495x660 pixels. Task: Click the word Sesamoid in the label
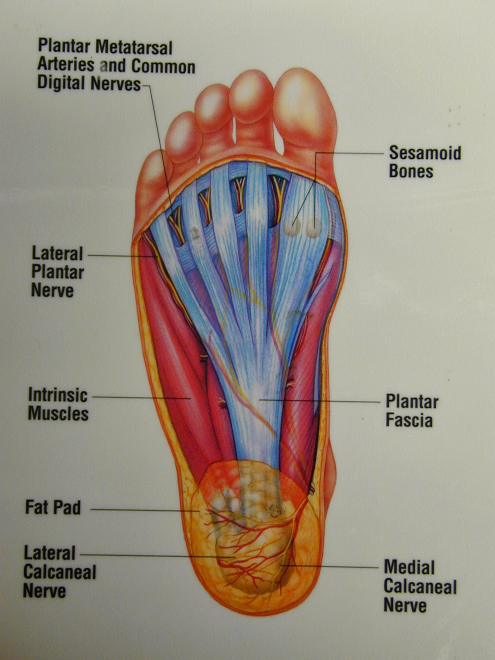425,153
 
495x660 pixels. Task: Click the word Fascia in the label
409,421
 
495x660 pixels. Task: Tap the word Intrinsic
58,395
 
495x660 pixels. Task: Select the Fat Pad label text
53,507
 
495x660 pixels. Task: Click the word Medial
409,568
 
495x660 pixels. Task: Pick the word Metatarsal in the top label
134,47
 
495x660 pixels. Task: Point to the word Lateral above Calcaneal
49,553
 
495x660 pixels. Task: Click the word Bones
411,172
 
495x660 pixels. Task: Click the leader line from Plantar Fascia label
322,401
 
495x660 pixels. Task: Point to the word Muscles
58,414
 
